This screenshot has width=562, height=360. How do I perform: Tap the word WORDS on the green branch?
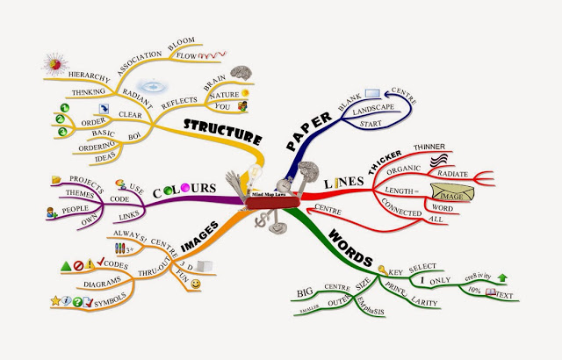tap(349, 244)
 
